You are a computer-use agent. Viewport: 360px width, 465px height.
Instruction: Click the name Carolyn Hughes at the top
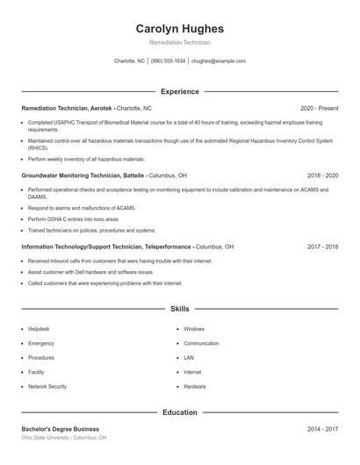(180, 28)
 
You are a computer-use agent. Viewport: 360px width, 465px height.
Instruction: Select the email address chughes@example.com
(218, 61)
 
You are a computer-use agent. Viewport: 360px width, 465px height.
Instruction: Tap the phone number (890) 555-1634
(168, 61)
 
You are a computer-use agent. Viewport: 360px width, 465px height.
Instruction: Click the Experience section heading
(180, 91)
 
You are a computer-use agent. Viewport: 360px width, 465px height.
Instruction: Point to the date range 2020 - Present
(319, 108)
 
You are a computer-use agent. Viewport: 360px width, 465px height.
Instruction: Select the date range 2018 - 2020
(321, 175)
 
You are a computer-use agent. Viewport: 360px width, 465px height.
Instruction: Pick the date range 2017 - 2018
(322, 247)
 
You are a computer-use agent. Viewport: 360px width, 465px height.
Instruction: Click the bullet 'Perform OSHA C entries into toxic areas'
(75, 219)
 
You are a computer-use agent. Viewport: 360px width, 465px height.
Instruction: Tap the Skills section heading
(180, 309)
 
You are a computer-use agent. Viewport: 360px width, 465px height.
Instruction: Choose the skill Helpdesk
(39, 329)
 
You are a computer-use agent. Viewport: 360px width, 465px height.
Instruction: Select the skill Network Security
(47, 386)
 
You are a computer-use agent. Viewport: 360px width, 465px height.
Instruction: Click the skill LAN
(189, 358)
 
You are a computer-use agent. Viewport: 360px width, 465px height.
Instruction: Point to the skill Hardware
(195, 386)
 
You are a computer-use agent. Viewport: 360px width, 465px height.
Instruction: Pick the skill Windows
(194, 329)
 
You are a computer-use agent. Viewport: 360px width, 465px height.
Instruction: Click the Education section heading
(180, 412)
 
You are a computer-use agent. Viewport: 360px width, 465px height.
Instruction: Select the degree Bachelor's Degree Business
(61, 429)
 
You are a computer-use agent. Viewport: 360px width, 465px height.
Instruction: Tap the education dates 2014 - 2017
(322, 429)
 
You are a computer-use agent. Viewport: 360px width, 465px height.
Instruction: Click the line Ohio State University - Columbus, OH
(64, 437)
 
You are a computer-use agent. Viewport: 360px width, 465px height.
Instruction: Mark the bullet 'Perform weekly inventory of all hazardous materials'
(86, 160)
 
